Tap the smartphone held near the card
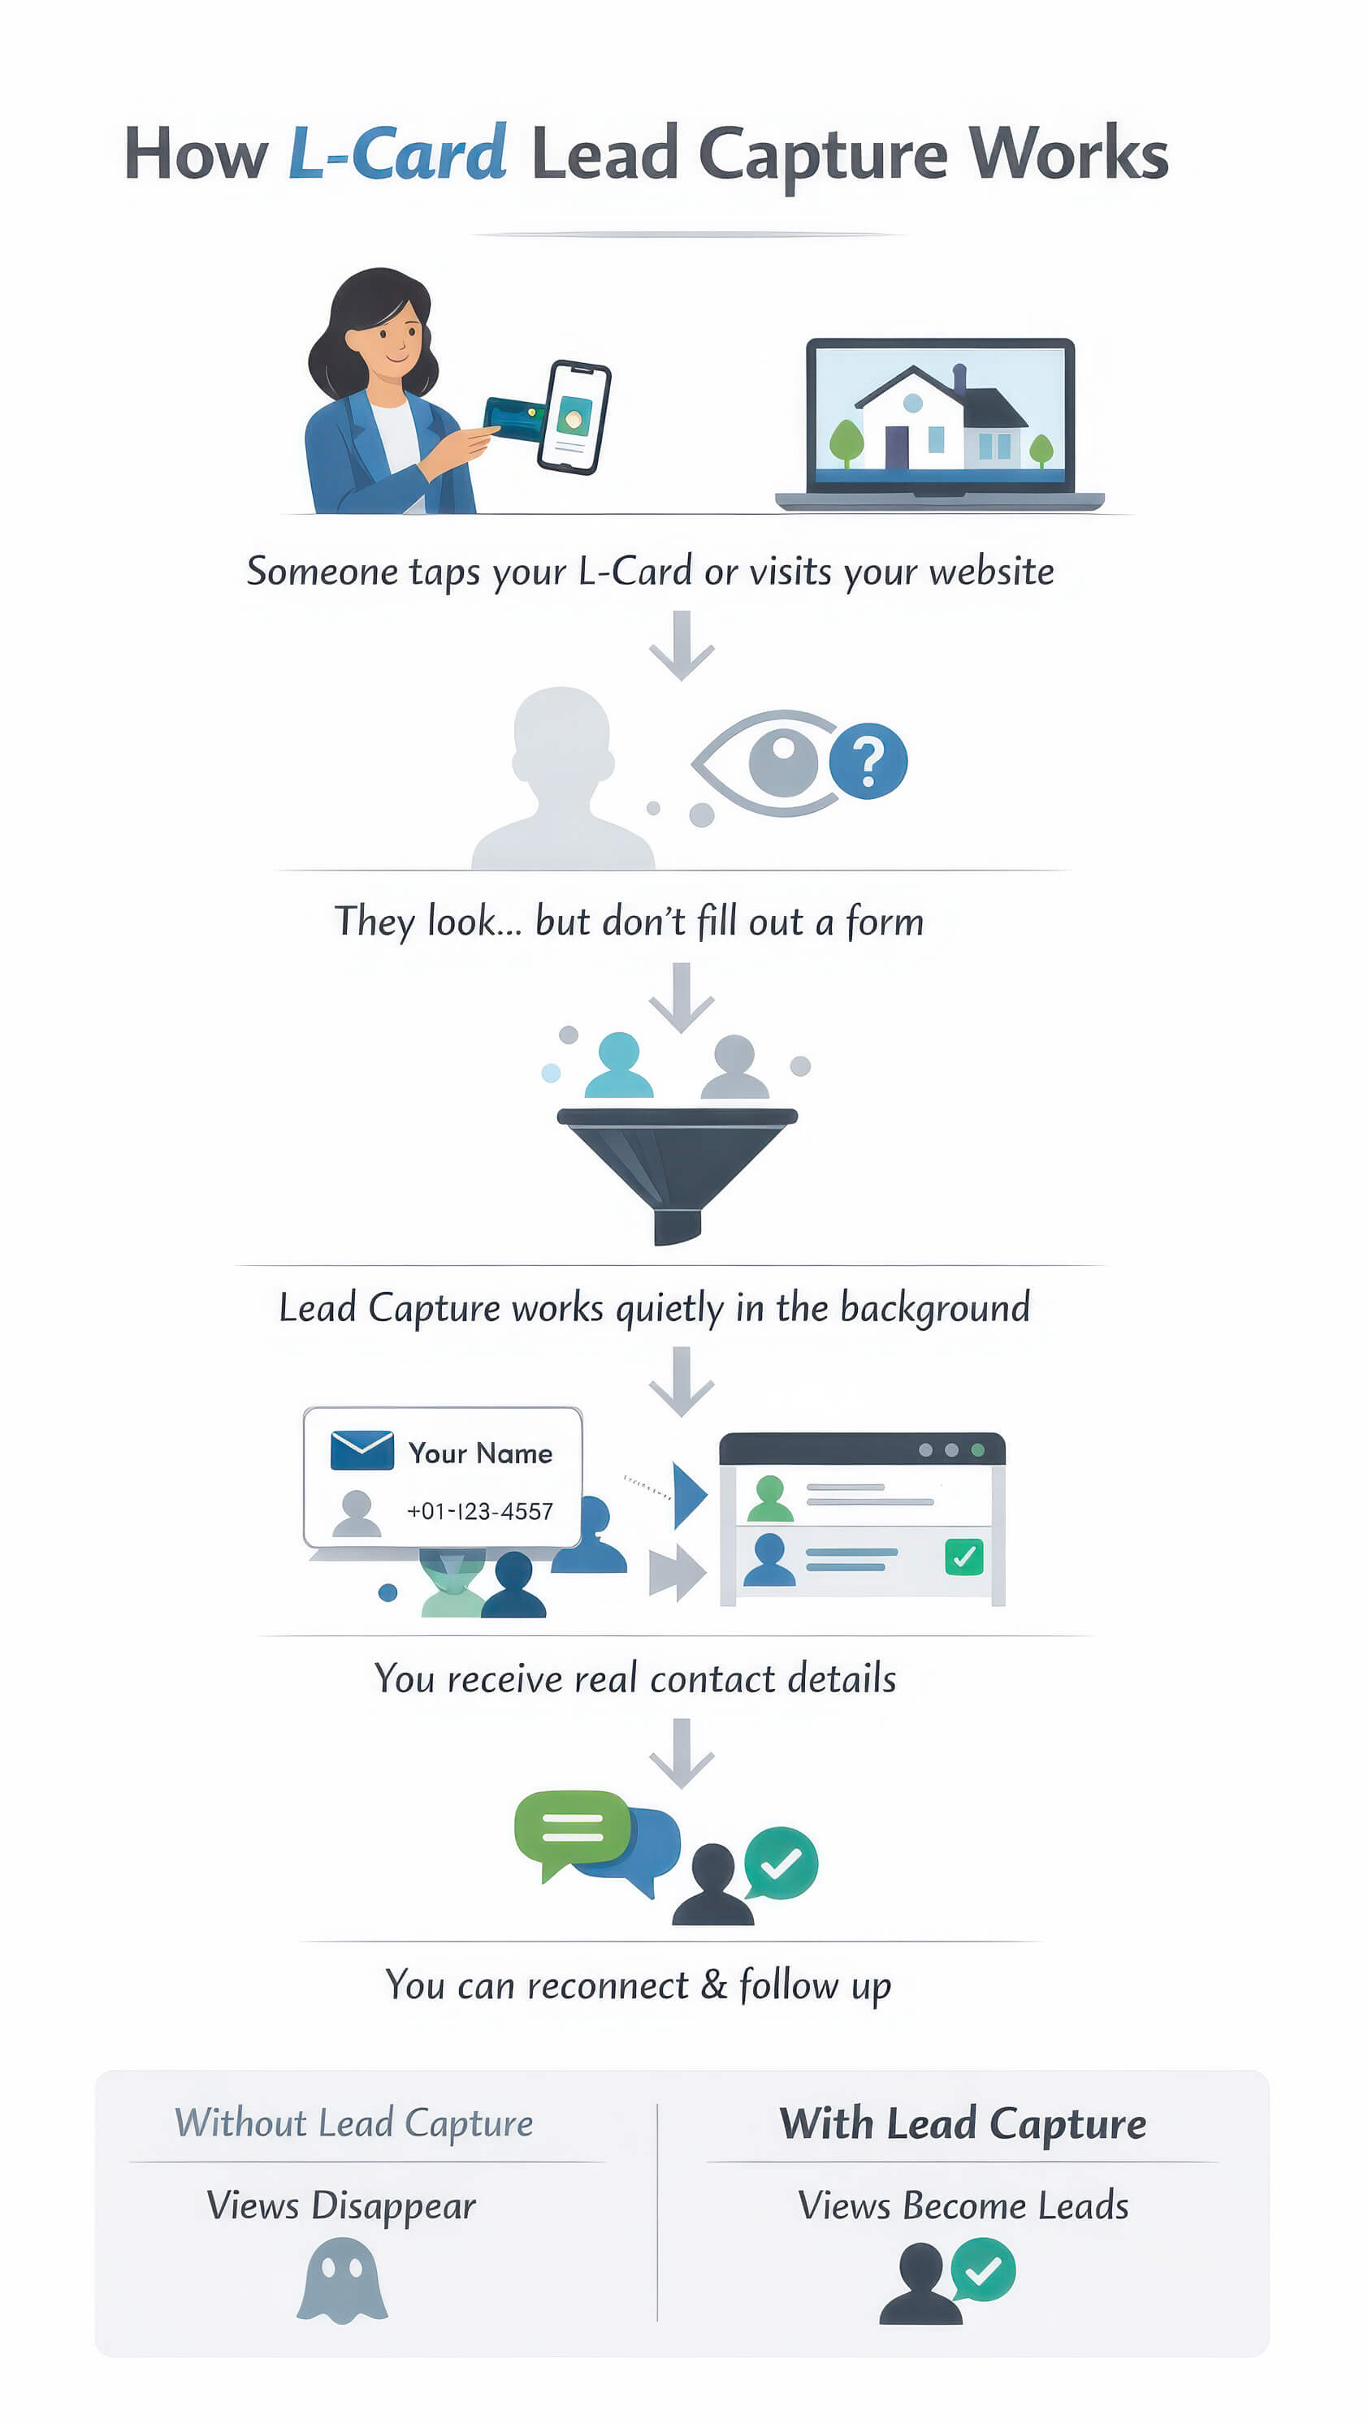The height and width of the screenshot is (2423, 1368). [x=574, y=417]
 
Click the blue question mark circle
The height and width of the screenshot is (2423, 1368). [x=868, y=760]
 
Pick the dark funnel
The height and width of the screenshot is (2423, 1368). [x=677, y=1166]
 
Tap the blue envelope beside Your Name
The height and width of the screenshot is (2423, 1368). [x=362, y=1449]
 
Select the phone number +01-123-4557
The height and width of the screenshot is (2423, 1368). [x=479, y=1510]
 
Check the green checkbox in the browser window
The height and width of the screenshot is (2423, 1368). [x=963, y=1557]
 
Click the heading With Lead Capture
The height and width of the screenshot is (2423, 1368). [x=962, y=2124]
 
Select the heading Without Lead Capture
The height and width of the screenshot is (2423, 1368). [x=353, y=2124]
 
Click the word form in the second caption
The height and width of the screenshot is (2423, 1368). [x=884, y=921]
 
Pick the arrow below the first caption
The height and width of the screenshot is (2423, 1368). [x=682, y=646]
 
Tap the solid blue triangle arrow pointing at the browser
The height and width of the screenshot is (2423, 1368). [x=690, y=1495]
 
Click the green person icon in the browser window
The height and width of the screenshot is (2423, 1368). [x=769, y=1498]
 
